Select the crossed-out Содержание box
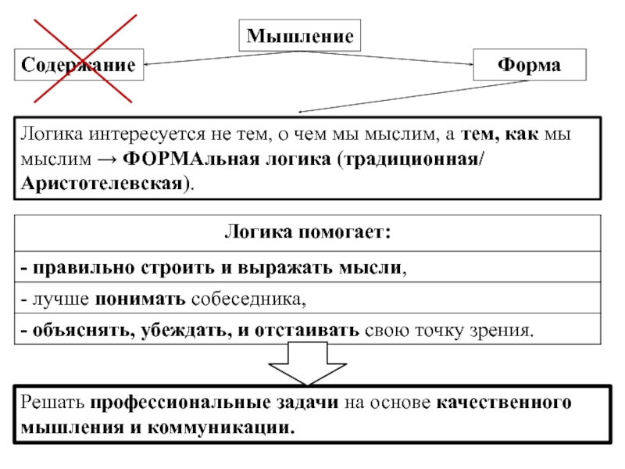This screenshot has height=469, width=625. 79,65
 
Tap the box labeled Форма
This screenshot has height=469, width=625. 530,65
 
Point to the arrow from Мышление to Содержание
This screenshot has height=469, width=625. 219,58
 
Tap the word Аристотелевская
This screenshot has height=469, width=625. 102,184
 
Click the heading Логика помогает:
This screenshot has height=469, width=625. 308,232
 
